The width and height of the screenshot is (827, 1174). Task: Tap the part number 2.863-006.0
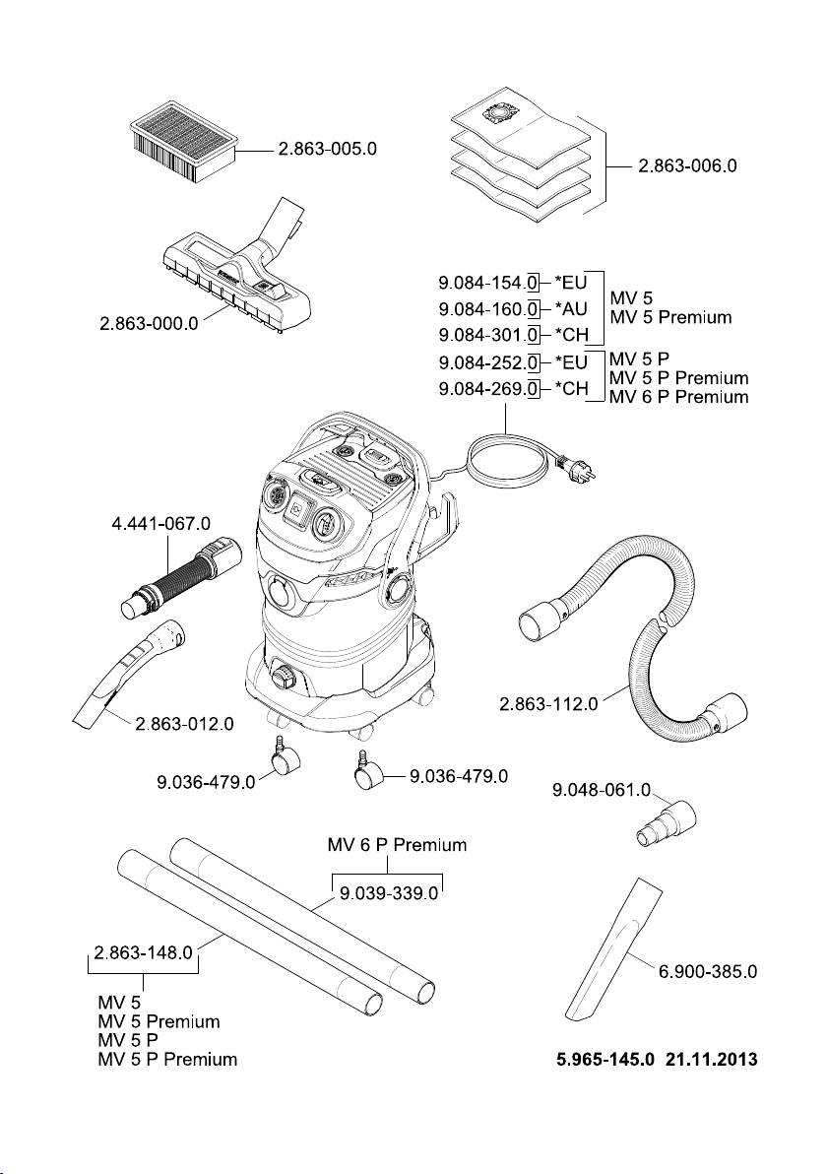[x=687, y=166]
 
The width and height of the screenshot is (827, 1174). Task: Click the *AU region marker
[x=571, y=309]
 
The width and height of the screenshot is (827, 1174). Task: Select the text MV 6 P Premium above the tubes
[x=396, y=845]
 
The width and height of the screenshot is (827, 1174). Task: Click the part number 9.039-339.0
[x=387, y=894]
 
